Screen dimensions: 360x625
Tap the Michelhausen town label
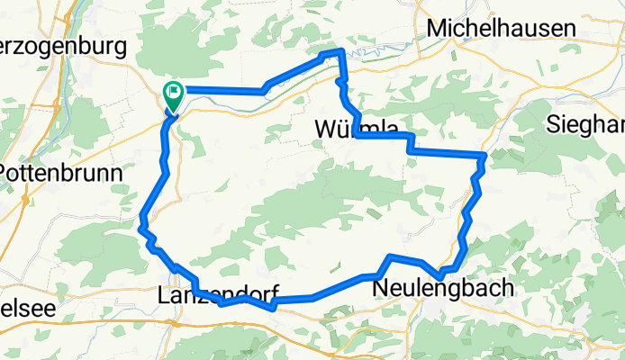(500, 29)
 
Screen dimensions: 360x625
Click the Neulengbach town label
(443, 288)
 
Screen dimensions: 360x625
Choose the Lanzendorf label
(217, 293)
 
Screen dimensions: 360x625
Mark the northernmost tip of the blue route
(339, 50)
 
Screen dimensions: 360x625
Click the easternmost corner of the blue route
(485, 157)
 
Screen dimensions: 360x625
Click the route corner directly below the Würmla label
(358, 136)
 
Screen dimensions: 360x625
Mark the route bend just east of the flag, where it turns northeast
(264, 90)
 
